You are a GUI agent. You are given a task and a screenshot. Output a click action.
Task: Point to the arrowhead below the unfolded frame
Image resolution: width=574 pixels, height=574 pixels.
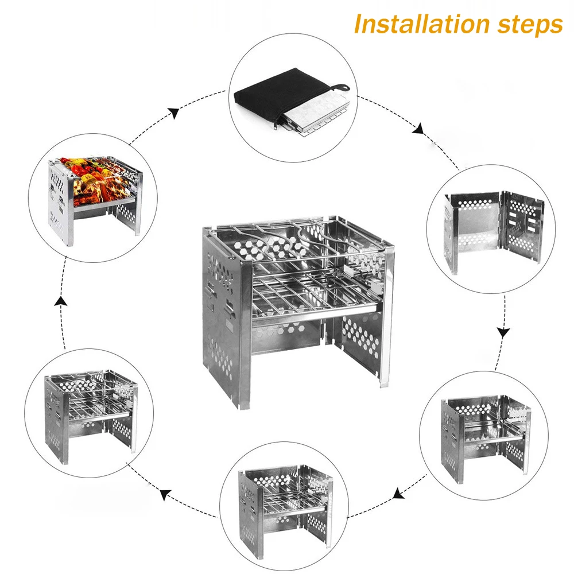503,332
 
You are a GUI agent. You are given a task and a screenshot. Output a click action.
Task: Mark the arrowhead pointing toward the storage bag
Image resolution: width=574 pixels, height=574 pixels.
173,113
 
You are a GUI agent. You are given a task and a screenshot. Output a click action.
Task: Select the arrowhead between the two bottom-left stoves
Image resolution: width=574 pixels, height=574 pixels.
166,493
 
